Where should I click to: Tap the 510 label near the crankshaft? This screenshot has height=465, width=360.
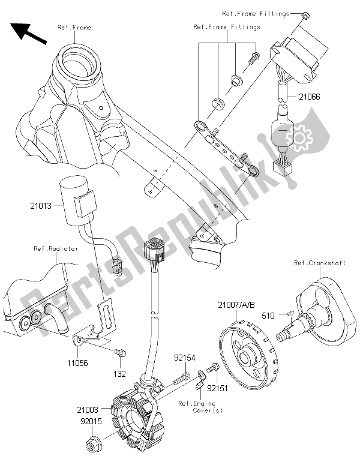[x=267, y=314]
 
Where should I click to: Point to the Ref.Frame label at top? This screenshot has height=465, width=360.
[x=74, y=28]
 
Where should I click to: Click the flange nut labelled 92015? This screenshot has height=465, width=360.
[x=98, y=445]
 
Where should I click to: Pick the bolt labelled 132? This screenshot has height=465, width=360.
[x=119, y=355]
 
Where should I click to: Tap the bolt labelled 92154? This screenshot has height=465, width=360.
[x=182, y=378]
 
